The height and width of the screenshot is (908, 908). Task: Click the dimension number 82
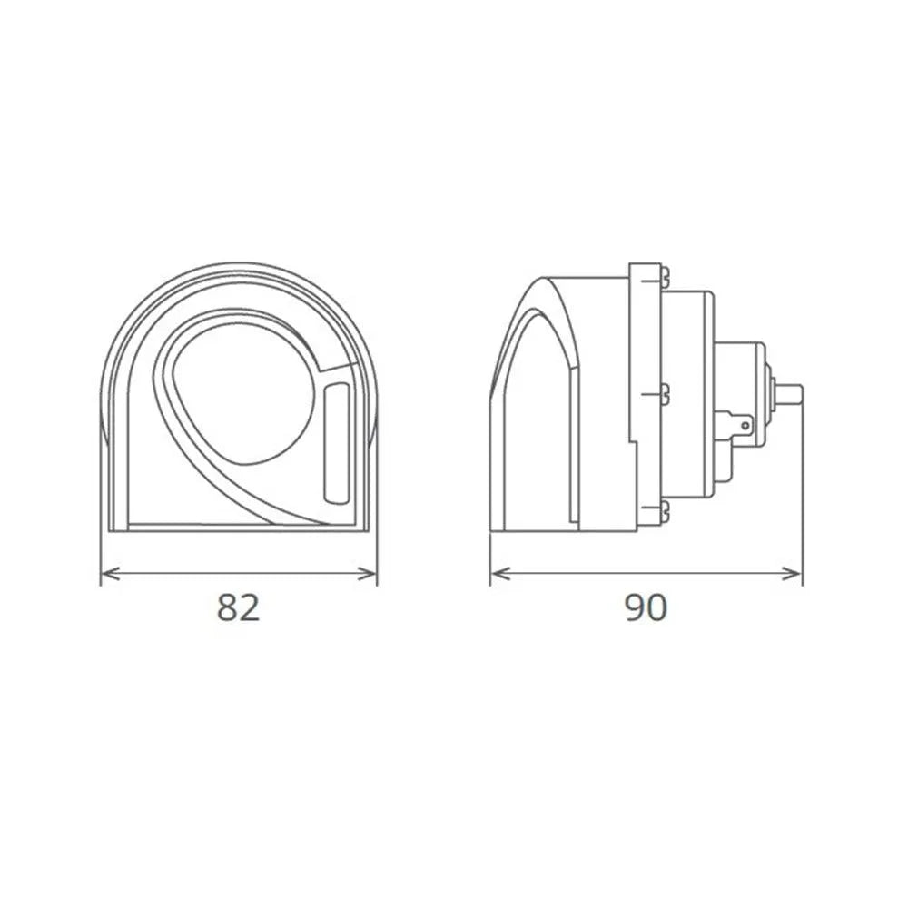coord(239,607)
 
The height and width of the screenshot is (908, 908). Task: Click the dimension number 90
coord(646,607)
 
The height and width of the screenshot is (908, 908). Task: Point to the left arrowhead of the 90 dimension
coord(497,572)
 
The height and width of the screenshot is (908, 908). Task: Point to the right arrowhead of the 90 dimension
coord(795,572)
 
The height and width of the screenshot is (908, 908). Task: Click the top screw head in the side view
coord(666,273)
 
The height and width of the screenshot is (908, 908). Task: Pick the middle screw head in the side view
coord(666,393)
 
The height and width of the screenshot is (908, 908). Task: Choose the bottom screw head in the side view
coord(666,511)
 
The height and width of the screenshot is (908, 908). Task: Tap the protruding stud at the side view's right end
coord(791,393)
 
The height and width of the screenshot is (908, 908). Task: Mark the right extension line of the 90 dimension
coord(803,508)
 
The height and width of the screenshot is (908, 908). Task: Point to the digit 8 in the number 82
coord(228,607)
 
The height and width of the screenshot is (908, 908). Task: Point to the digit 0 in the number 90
coord(656,607)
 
